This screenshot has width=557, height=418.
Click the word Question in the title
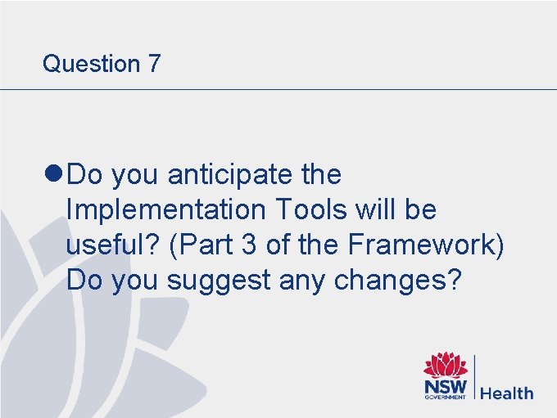pyautogui.click(x=91, y=64)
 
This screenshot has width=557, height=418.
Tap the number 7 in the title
pyautogui.click(x=154, y=64)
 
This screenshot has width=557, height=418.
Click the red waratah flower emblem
pyautogui.click(x=445, y=365)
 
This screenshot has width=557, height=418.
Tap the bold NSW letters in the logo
pyautogui.click(x=445, y=385)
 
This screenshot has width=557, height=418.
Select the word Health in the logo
pyautogui.click(x=506, y=393)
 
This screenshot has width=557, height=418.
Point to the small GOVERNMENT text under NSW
pyautogui.click(x=445, y=398)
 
